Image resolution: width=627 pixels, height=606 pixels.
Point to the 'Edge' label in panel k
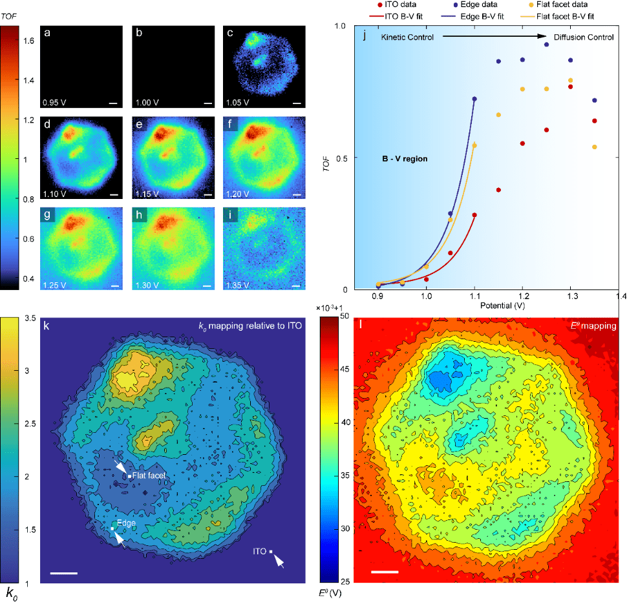(125, 525)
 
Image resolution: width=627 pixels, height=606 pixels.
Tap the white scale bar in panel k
(63, 572)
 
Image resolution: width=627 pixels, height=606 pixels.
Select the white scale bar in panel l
(384, 572)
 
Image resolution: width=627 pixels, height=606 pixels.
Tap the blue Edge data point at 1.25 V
(546, 45)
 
